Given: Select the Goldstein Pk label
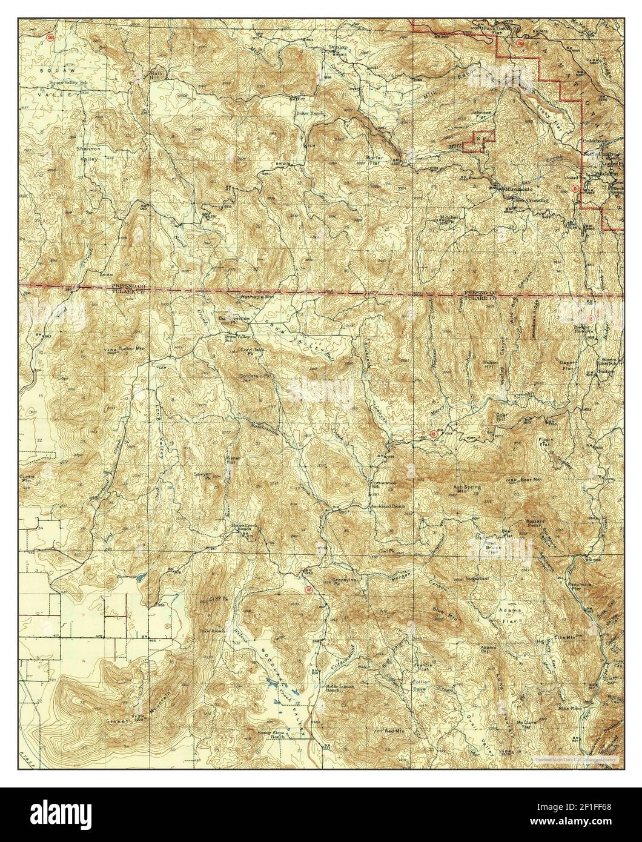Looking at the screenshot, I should click(x=254, y=376).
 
